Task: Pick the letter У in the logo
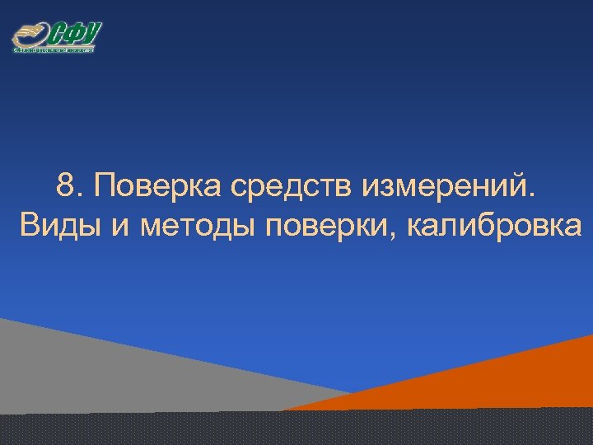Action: [91, 33]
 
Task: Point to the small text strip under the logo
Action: [54, 50]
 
